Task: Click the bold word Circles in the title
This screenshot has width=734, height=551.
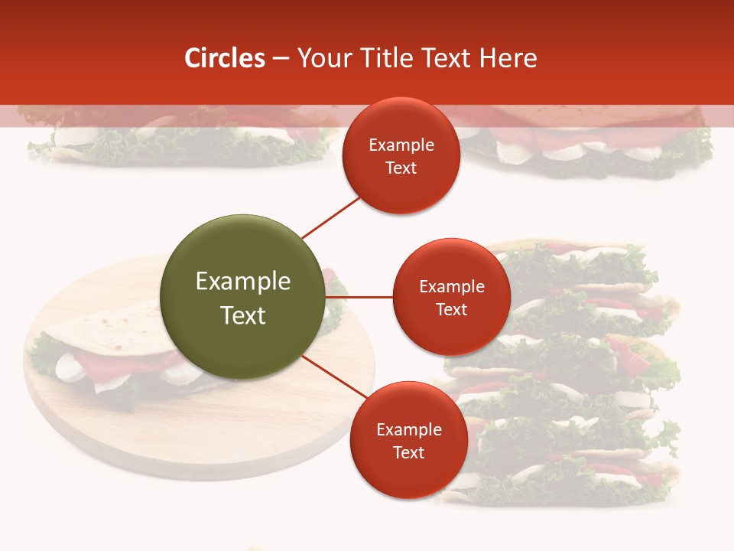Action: tap(225, 58)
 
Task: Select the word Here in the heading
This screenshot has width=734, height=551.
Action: tap(508, 58)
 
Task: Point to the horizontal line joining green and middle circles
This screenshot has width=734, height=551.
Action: tap(359, 297)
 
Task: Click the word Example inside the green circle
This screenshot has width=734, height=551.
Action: tap(242, 282)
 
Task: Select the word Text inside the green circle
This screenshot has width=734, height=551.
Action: tap(242, 315)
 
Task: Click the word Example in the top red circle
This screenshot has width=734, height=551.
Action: tap(401, 145)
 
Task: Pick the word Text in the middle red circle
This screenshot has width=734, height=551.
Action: tap(451, 310)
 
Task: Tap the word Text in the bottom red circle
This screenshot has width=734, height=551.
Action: tap(408, 453)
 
